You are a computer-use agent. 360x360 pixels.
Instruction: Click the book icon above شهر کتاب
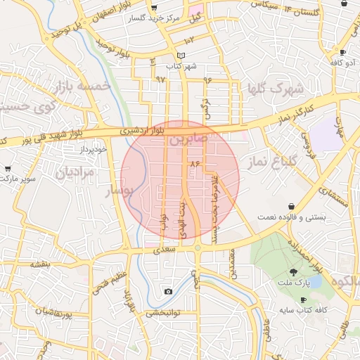(181, 56)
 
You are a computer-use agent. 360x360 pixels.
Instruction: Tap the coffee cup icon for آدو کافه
(342, 53)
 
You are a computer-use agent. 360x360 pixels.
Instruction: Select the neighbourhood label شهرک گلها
(275, 89)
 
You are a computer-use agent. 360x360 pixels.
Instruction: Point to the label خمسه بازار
(82, 86)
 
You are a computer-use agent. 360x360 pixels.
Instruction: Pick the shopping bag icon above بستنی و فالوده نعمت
(291, 207)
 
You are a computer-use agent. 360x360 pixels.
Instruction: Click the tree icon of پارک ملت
(292, 271)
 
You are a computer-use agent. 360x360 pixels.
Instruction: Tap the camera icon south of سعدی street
(168, 291)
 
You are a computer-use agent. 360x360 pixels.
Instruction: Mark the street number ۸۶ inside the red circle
(195, 164)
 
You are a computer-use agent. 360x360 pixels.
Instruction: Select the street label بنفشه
(39, 264)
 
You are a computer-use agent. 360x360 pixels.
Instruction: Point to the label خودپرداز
(92, 150)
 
